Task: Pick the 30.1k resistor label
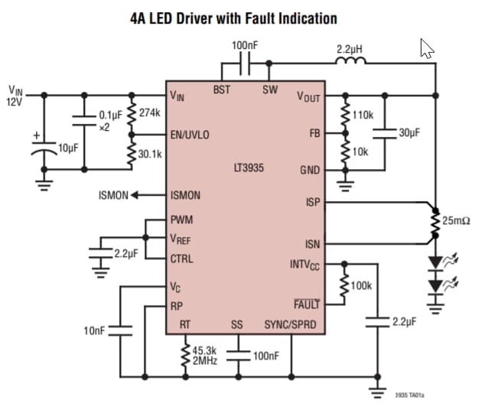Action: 151,154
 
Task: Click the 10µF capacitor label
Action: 68,146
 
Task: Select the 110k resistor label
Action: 363,115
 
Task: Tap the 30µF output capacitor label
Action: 409,132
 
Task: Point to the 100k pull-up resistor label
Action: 361,285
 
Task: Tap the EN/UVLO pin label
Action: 190,135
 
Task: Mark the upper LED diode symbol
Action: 435,262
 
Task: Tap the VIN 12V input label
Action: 15,96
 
